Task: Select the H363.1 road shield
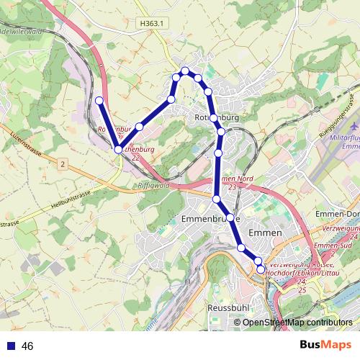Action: [152, 23]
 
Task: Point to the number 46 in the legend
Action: [28, 346]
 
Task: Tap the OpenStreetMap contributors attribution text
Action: [297, 323]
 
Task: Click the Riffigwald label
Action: [151, 185]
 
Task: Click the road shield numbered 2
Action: [63, 165]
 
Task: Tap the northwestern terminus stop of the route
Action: [99, 101]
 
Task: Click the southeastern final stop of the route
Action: [261, 269]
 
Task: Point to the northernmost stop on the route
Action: [186, 70]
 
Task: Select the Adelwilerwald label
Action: [22, 32]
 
